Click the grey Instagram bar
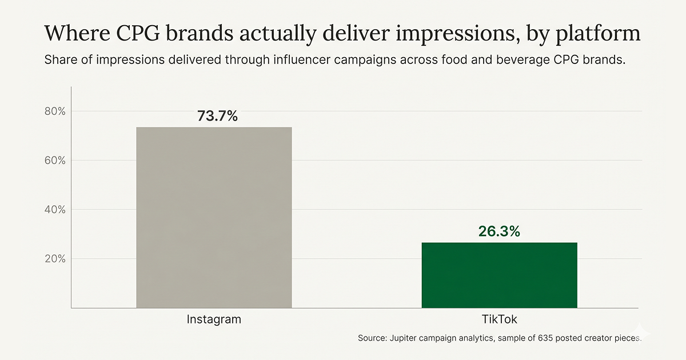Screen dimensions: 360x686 pyautogui.click(x=214, y=217)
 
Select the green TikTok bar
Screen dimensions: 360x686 pyautogui.click(x=499, y=275)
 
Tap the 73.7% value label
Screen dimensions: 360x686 pyautogui.click(x=217, y=116)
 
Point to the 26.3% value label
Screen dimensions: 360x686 pyautogui.click(x=499, y=231)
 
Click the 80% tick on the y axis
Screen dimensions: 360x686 pyautogui.click(x=55, y=111)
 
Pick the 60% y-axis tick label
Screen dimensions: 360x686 pyautogui.click(x=55, y=160)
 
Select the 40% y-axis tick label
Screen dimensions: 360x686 pyautogui.click(x=55, y=210)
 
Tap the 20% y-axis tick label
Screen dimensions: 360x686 pyautogui.click(x=55, y=259)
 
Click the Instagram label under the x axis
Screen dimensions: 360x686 pyautogui.click(x=214, y=319)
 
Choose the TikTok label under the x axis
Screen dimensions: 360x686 pyautogui.click(x=499, y=319)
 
